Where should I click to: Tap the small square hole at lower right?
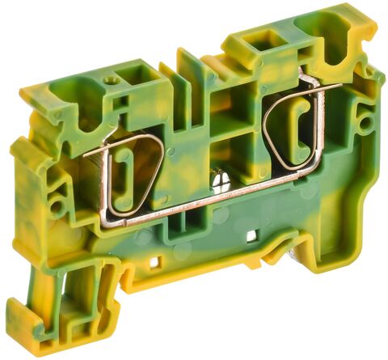[x=252, y=235]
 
